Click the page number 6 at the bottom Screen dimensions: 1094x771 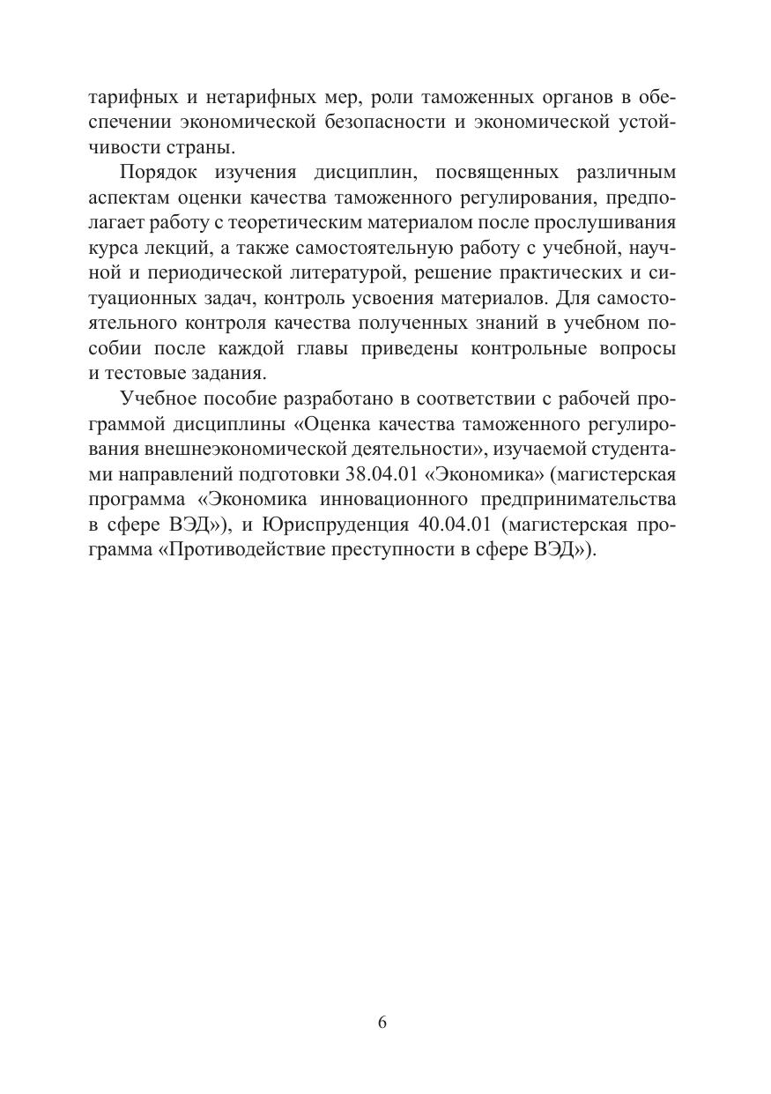(382, 1023)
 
